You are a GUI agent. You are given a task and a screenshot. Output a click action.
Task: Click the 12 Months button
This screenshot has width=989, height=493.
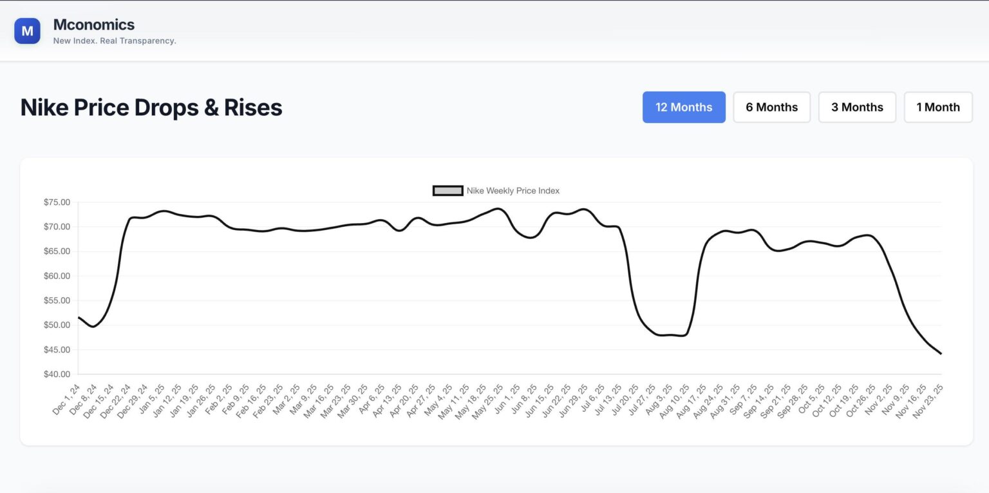coord(684,107)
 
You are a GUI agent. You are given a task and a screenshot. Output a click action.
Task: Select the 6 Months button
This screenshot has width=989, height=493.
coord(771,107)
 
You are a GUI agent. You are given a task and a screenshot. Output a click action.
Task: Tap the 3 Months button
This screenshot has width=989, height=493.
coord(857,107)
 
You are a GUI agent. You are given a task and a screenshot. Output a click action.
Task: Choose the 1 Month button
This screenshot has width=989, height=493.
coord(938,107)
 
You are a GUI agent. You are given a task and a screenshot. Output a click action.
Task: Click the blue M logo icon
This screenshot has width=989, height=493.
coord(27,31)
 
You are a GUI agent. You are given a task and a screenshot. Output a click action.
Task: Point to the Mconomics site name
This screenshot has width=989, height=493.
coord(94,24)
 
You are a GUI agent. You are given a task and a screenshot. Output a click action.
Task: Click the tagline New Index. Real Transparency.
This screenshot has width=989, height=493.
coord(115,41)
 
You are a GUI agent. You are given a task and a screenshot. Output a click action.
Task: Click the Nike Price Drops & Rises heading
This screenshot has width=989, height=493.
coord(151,107)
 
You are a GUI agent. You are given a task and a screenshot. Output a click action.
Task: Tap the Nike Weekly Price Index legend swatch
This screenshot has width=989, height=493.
coord(447,191)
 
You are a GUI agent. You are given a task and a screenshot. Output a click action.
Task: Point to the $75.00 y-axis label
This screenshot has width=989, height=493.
coord(57,202)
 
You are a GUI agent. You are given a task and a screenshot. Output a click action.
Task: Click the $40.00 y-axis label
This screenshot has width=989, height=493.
coord(57,374)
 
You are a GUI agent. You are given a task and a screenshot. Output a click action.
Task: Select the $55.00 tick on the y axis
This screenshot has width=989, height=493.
coord(57,301)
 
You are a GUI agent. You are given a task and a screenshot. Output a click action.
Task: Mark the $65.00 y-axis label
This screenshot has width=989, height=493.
coord(57,251)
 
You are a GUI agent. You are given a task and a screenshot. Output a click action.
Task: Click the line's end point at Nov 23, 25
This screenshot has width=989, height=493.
coord(941,354)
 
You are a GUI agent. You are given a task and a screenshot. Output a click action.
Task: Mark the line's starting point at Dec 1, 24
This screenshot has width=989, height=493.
coord(79,317)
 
